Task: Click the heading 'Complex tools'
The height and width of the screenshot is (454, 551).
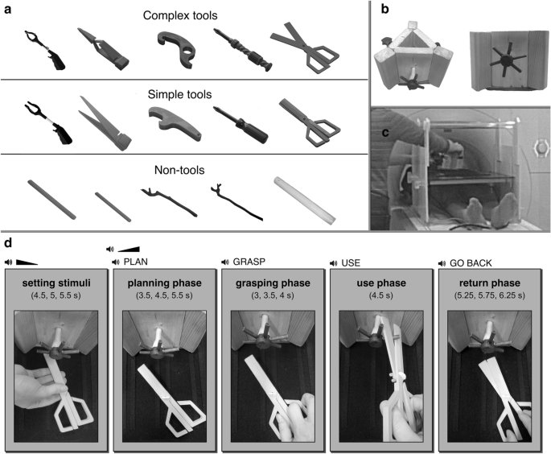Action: click(180, 16)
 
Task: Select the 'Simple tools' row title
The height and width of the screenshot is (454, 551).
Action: click(179, 95)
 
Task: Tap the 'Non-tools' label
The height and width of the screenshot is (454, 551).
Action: click(179, 170)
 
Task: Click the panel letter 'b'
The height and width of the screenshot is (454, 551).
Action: click(385, 9)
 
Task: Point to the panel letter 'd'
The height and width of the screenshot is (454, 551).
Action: click(8, 243)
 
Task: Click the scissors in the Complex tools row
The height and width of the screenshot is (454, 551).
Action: click(304, 47)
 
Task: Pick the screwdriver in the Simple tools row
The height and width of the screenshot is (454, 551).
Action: click(241, 125)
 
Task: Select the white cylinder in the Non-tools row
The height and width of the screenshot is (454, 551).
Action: click(304, 200)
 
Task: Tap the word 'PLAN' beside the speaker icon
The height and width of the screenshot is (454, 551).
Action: click(136, 262)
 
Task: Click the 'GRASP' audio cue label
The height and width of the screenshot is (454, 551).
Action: click(249, 262)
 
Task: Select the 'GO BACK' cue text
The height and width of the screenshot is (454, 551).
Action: click(471, 263)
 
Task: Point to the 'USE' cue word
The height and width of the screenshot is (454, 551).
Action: click(351, 263)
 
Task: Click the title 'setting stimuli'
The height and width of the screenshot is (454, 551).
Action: click(56, 283)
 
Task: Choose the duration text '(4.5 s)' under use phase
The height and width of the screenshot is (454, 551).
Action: click(381, 295)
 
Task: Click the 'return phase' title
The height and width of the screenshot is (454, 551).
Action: click(490, 283)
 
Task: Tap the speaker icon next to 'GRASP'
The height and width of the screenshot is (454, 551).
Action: click(225, 262)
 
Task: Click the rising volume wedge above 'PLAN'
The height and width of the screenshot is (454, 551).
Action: click(129, 249)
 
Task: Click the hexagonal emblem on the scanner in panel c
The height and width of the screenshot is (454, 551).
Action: click(541, 147)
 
